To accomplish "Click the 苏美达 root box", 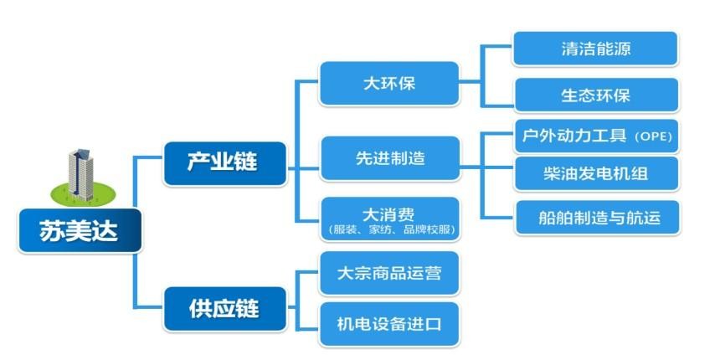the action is coord(80,230).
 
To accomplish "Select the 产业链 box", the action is coord(225,163).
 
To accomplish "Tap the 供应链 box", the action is coord(225,309).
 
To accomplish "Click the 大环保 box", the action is coord(389,84).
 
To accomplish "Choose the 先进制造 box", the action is coord(390,158).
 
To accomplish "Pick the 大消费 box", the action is coord(390,219).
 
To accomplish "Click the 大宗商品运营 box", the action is coord(389,273).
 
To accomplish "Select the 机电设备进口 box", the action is coord(389,324).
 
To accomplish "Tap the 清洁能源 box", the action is coord(595,49).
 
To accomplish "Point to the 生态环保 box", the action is coord(596,95).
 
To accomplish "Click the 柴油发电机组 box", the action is coord(596,173).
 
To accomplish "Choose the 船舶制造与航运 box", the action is coord(598,217).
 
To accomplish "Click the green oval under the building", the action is coord(83,193).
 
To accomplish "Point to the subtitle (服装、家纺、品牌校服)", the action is coord(390,229).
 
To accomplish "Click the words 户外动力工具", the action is coord(574,136).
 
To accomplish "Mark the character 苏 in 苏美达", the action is coord(52,230).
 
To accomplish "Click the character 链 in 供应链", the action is coord(248,309).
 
